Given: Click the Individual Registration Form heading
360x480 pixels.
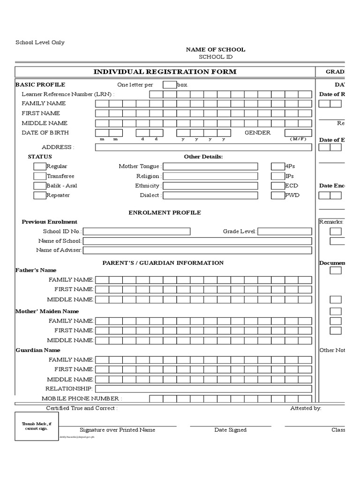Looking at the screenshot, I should point(165,72).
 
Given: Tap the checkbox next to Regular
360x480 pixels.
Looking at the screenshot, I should point(39,166).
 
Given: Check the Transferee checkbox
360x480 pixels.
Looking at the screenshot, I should point(39,176).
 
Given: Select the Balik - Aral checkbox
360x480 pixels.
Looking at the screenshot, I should point(39,186).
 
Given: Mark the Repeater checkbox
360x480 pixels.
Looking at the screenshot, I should point(39,195).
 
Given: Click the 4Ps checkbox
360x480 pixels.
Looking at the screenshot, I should point(277,166).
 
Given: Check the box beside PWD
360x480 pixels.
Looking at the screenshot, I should point(277,195).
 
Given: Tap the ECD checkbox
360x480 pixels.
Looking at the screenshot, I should point(277,186).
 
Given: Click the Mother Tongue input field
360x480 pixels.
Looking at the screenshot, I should point(210,166).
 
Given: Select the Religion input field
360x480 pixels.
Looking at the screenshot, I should point(210,176).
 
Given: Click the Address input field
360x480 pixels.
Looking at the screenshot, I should point(203,147).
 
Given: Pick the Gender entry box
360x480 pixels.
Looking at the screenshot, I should point(298,133).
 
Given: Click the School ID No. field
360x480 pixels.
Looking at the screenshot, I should point(136,231).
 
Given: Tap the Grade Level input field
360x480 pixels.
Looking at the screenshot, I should point(285,231).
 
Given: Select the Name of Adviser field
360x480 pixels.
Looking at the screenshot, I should point(197,250).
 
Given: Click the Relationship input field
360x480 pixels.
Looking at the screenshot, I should point(203,389).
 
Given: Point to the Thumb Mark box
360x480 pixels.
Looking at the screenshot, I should point(37,427).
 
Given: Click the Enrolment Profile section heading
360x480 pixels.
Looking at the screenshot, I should point(165,213).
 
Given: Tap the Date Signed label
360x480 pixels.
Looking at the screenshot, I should point(230,430).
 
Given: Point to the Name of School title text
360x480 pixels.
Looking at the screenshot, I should point(215,50).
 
